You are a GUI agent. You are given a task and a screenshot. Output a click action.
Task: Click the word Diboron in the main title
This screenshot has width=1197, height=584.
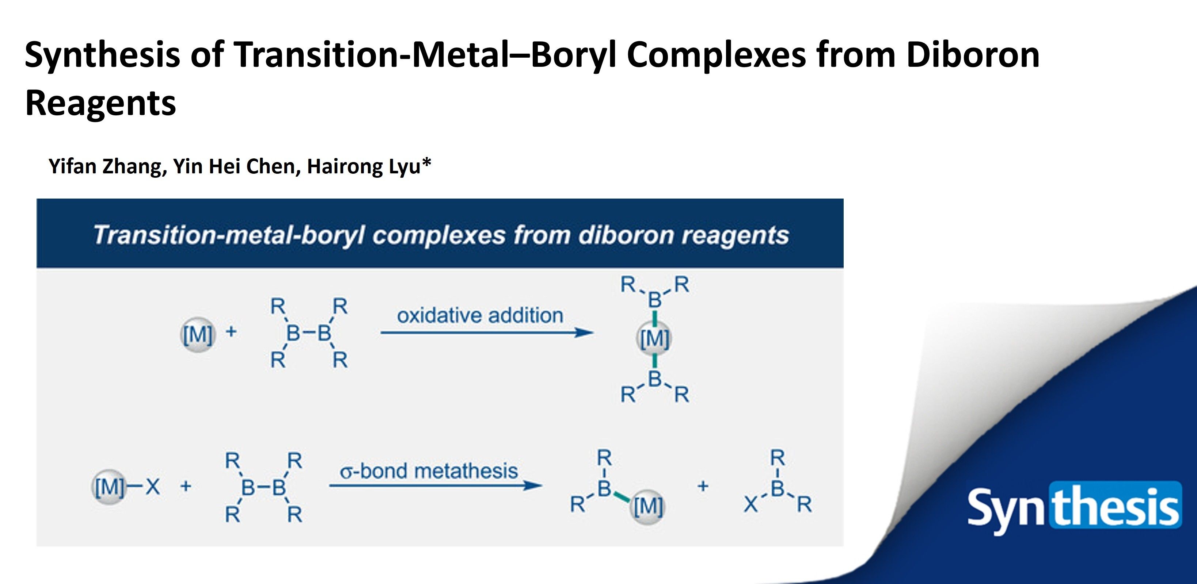tap(973, 55)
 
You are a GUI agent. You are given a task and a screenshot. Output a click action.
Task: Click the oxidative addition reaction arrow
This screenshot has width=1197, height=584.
tap(487, 333)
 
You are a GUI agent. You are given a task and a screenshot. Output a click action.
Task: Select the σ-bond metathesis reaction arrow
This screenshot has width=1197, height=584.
tap(436, 485)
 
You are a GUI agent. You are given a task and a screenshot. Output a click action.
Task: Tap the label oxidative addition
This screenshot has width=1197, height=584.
tap(480, 316)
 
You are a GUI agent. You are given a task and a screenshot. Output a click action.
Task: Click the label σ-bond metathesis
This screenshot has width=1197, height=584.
tap(429, 471)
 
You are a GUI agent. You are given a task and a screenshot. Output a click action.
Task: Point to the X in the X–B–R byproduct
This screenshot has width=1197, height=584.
tap(750, 505)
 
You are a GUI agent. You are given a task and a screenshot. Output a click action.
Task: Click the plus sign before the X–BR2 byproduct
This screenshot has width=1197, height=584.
tap(703, 486)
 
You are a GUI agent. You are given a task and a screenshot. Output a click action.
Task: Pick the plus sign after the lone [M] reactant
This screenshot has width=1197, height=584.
tap(231, 332)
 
